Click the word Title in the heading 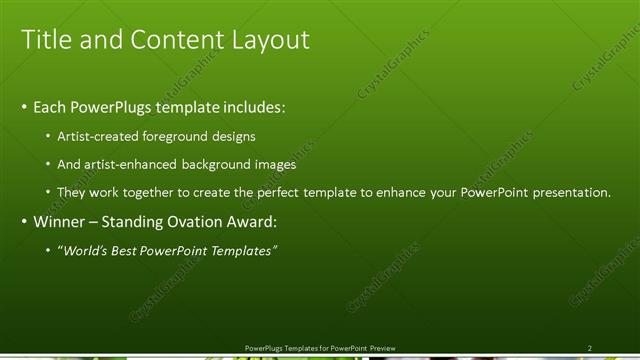pyautogui.click(x=45, y=39)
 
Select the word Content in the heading pyautogui.click(x=175, y=39)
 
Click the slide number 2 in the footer pyautogui.click(x=590, y=347)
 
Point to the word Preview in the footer pyautogui.click(x=383, y=347)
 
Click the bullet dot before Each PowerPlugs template pyautogui.click(x=25, y=107)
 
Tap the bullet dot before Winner pyautogui.click(x=25, y=221)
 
